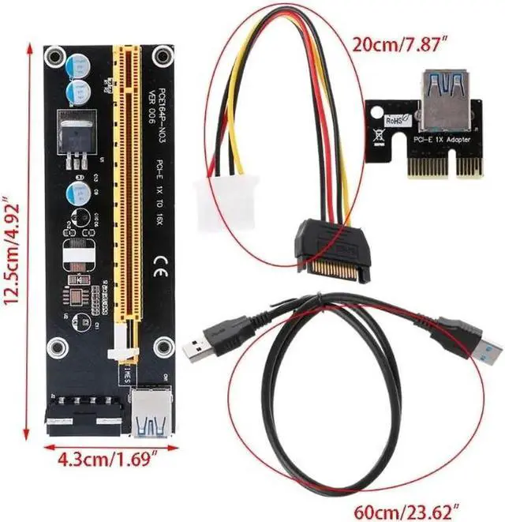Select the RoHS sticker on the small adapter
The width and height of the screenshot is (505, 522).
click(395, 121)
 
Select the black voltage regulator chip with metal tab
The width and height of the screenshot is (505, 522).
click(73, 134)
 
